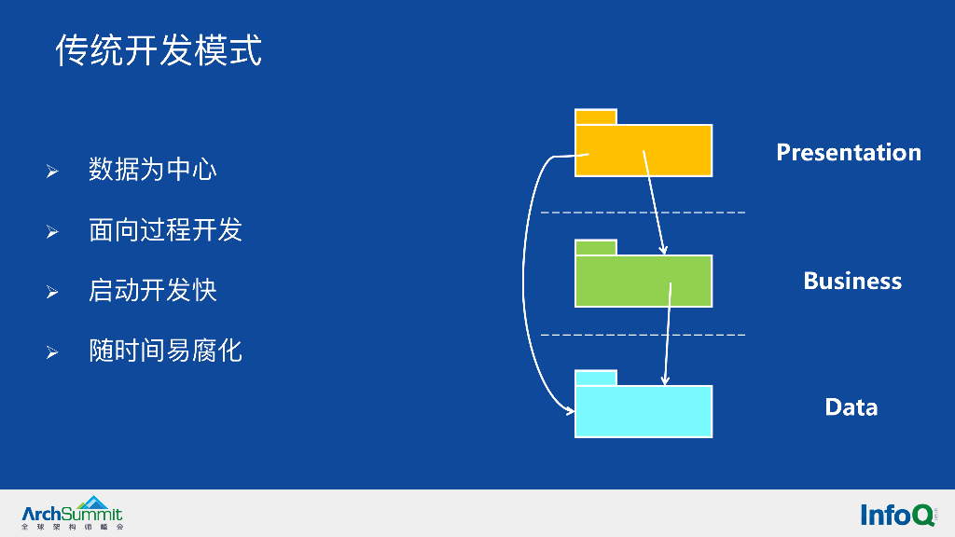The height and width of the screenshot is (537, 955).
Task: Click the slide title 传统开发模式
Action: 159,50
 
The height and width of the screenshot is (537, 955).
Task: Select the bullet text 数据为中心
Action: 153,170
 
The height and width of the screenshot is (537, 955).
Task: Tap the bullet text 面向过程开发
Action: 165,230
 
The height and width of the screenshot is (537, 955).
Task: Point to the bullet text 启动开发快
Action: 153,290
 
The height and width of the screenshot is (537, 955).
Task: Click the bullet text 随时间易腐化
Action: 165,351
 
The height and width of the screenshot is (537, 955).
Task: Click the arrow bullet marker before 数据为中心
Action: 53,172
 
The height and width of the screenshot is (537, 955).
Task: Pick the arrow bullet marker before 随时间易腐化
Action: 53,352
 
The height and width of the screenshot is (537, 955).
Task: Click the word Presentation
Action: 848,152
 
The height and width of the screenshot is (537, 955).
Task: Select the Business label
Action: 851,281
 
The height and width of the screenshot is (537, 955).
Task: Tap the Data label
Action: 851,406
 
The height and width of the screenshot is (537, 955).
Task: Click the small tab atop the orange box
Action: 595,117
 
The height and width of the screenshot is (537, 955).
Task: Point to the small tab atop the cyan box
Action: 595,378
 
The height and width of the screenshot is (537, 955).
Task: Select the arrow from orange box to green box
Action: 654,203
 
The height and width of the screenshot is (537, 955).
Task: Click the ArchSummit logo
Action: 72,514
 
